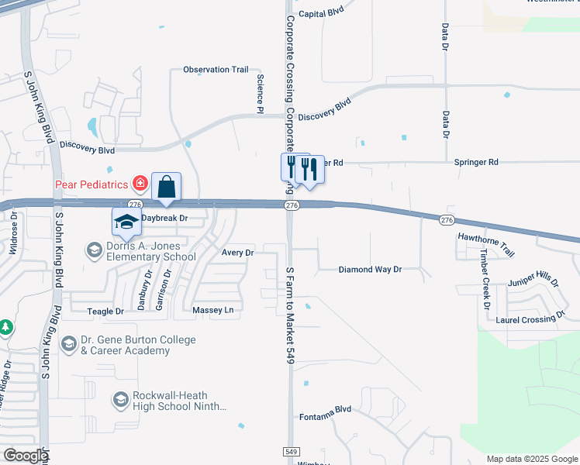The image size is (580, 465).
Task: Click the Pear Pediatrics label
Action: [x=91, y=184]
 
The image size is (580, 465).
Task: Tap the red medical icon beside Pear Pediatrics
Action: [x=140, y=184]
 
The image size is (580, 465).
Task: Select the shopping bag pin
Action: [x=166, y=187]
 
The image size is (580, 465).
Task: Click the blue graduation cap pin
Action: [x=126, y=222]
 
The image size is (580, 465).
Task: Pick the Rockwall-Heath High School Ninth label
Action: [x=180, y=400]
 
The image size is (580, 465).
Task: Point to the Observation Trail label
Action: [x=216, y=70]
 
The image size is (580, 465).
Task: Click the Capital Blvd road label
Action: [x=321, y=14]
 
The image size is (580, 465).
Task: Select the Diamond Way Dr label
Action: [x=370, y=270]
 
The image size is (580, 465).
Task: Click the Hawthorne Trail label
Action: [x=486, y=244]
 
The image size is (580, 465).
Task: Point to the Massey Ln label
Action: [x=212, y=311]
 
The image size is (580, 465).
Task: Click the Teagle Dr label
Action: [x=109, y=312]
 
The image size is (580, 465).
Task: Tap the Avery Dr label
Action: [x=238, y=253]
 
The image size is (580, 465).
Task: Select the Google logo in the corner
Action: [x=26, y=455]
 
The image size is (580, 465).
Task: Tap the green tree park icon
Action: [x=5, y=328]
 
